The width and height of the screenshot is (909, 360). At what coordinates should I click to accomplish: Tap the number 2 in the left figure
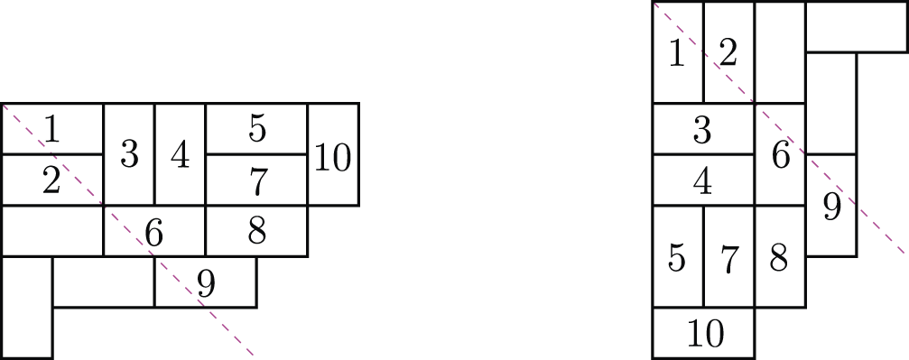tap(51, 181)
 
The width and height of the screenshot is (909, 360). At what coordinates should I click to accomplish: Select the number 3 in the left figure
tap(129, 156)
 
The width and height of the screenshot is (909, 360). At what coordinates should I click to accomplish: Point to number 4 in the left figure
tap(181, 156)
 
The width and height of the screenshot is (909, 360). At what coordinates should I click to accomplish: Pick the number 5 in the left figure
tap(257, 130)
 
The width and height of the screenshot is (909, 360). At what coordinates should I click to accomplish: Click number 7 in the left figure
tap(257, 181)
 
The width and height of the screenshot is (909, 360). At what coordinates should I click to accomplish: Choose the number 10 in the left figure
tap(333, 158)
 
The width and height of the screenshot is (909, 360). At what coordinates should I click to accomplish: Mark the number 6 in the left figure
tap(154, 234)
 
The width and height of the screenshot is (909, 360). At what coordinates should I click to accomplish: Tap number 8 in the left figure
tap(257, 233)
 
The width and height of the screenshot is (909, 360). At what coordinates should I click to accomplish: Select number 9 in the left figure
tap(206, 284)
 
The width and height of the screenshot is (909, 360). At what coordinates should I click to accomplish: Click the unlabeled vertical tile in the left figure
tap(26, 307)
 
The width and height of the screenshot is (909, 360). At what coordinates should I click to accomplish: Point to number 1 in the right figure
tap(677, 54)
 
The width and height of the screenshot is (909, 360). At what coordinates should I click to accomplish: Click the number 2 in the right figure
tap(728, 54)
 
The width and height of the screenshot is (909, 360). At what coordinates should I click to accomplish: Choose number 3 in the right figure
tap(702, 131)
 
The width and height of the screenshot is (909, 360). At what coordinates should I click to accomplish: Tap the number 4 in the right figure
tap(702, 181)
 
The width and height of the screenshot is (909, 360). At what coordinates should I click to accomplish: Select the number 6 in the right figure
tap(781, 156)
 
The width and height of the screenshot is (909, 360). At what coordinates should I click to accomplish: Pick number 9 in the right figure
tap(831, 208)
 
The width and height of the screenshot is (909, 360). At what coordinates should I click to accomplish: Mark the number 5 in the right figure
tap(677, 259)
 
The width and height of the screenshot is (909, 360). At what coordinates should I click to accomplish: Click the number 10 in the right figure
tap(704, 335)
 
